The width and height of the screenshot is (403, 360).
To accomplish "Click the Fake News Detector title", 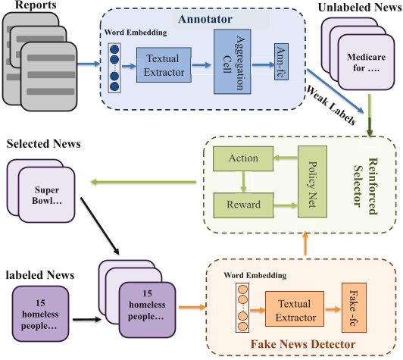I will [301, 346].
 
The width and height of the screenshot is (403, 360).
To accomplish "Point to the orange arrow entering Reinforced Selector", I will [306, 242].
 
